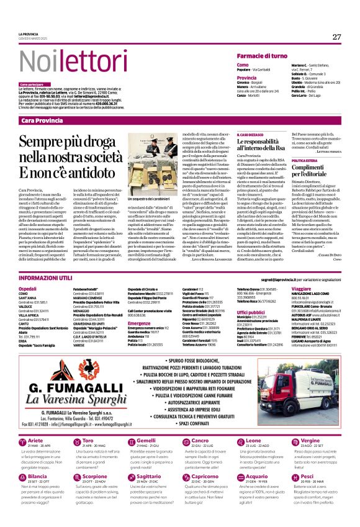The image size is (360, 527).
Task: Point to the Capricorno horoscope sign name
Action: click(205, 477)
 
